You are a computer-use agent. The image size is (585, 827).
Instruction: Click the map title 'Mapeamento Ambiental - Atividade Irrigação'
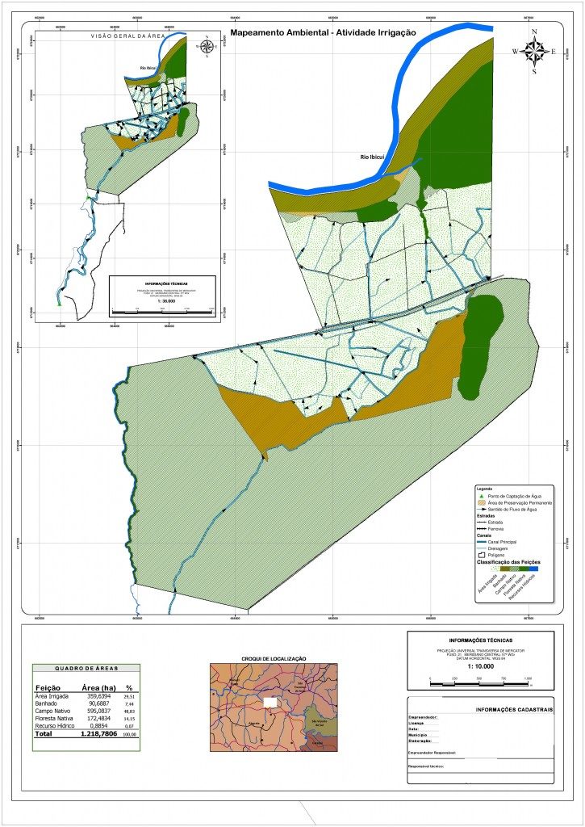pos(322,32)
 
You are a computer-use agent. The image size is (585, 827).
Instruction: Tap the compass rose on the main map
pos(534,51)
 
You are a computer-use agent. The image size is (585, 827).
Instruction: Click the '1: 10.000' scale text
pos(480,667)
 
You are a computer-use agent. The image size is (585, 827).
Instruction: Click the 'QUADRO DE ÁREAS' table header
pos(86,669)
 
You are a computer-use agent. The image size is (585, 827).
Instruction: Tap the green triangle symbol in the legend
pos(481,496)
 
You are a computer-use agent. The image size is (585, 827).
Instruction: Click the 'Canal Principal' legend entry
pos(502,541)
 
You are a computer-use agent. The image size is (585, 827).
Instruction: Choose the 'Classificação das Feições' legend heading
pos(508,561)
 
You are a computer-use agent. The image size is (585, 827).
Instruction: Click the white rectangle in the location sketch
pos(270,702)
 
